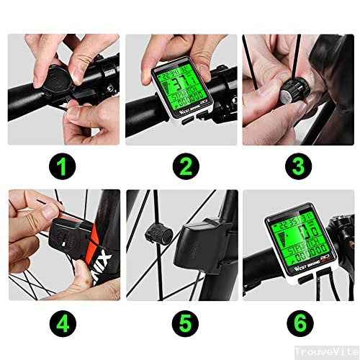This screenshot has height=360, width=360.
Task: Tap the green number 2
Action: tap(185, 167)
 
